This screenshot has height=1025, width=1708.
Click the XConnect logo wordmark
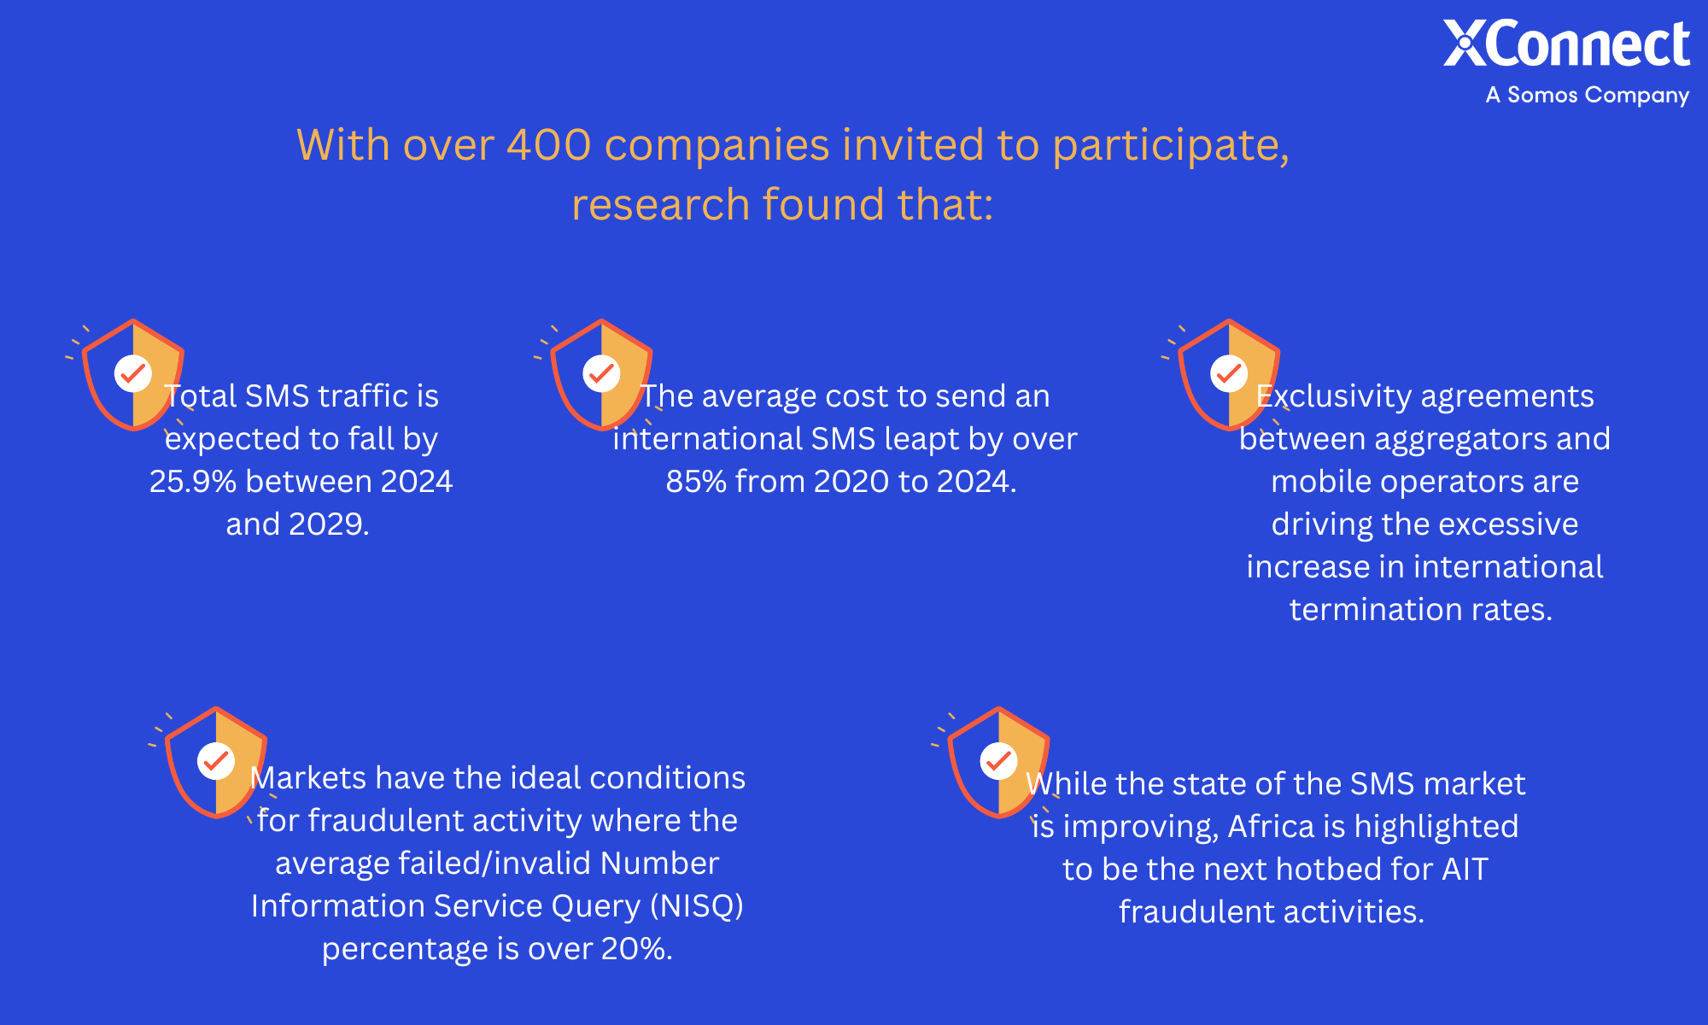[1566, 44]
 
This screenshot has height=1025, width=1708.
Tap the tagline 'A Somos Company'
[1588, 95]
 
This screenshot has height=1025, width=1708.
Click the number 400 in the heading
[548, 144]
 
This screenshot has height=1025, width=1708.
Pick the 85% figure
[696, 482]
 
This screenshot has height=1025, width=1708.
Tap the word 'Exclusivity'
[1334, 396]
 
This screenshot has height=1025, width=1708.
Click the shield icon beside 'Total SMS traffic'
[133, 375]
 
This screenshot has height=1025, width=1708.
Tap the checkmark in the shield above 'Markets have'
[216, 760]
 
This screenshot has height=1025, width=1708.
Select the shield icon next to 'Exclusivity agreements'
[1229, 375]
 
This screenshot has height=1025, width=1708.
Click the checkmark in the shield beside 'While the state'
[998, 760]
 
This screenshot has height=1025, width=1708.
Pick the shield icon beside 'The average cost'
[601, 375]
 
